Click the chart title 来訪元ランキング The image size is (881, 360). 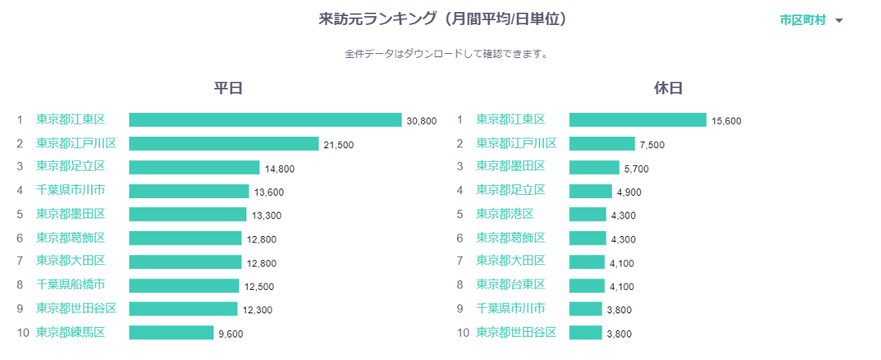point(442,19)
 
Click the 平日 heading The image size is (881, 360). point(228,89)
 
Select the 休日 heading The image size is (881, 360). point(668,89)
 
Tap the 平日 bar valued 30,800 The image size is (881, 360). point(265,120)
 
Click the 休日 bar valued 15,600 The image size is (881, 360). point(637,120)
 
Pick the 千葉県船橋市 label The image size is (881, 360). point(70,285)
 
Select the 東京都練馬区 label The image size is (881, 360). point(70,333)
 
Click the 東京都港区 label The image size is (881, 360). point(504,214)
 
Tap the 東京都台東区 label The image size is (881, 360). point(510,285)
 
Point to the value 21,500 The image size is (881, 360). point(338,145)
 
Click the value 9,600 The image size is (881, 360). point(230,333)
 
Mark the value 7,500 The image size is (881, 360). point(652,145)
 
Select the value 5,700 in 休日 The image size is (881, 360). point(635,168)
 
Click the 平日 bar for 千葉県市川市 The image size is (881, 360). point(188,191)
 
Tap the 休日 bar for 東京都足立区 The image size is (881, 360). point(590,191)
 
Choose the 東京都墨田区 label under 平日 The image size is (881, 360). point(70,214)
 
